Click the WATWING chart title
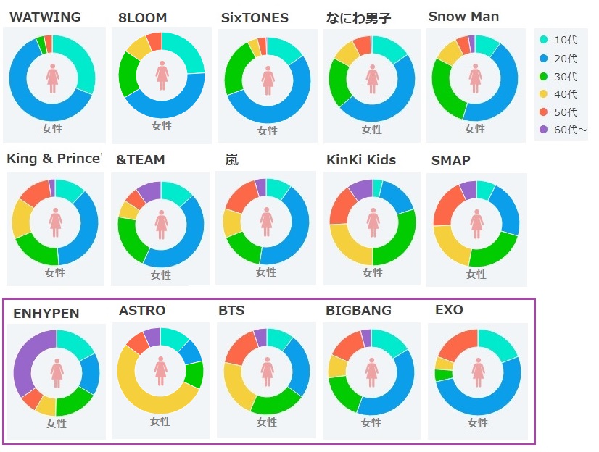coord(45,17)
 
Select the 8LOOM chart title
coord(142,18)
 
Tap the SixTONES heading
coord(255,18)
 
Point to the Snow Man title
coord(463,17)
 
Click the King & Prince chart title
coord(53,159)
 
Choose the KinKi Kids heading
coord(361,159)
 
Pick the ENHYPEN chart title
coord(46,314)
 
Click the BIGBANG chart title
coord(358,311)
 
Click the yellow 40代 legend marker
coord(542,94)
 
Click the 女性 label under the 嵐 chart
coord(266,272)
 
